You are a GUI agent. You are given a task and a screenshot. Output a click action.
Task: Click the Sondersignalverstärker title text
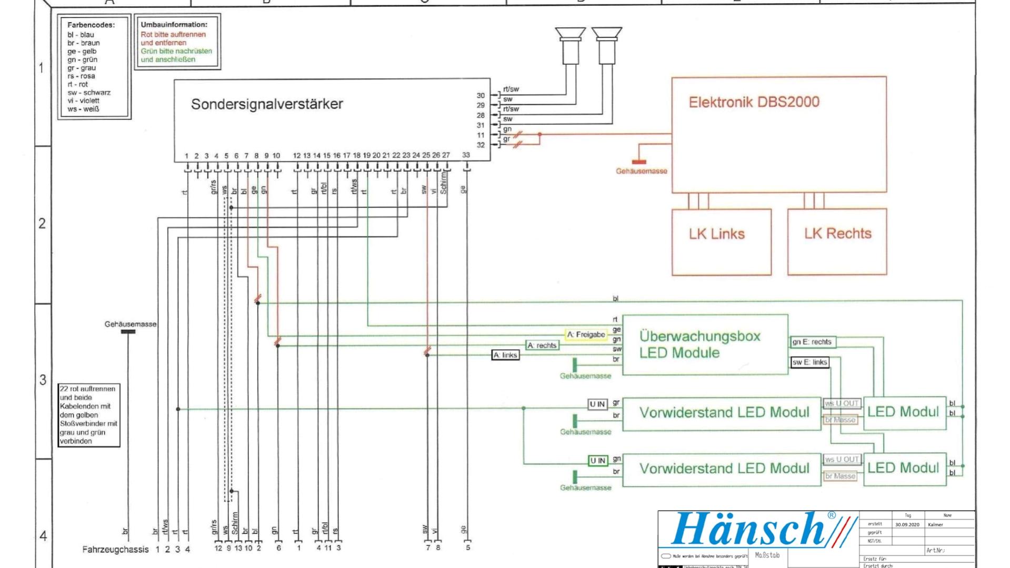[267, 104]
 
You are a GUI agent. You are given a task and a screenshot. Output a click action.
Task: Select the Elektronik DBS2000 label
[754, 102]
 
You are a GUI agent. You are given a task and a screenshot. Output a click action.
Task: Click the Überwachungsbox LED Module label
[699, 344]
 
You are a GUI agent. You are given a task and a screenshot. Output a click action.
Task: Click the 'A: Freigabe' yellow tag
[586, 335]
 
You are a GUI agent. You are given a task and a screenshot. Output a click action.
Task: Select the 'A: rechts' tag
[542, 345]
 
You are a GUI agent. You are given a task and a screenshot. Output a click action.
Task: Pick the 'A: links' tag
[505, 355]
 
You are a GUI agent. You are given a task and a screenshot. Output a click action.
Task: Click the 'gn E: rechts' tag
[812, 342]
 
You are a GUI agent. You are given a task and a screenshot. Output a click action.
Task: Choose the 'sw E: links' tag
[809, 362]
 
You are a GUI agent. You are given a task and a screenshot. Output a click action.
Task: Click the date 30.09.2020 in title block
[907, 525]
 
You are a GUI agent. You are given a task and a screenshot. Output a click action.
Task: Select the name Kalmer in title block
[935, 525]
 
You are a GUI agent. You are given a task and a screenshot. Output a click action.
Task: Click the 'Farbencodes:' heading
[91, 25]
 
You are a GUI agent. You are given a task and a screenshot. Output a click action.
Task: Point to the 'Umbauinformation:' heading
[174, 24]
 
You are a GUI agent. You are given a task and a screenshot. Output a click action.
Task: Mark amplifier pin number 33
[466, 155]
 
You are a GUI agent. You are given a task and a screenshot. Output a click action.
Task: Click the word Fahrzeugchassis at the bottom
[115, 550]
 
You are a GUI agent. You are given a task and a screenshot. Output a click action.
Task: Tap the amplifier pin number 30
[481, 96]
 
